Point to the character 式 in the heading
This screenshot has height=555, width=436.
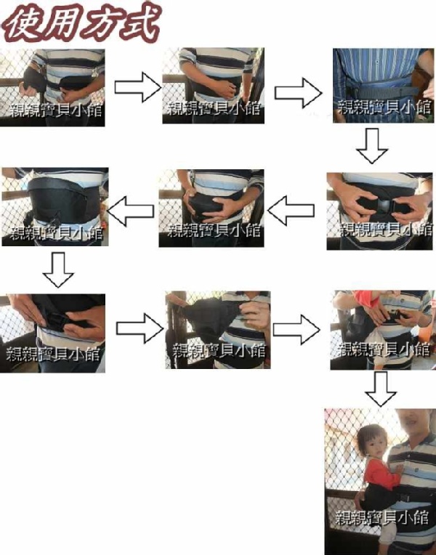[x=142, y=22]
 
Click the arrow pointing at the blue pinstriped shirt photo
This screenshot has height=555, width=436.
[x=298, y=93]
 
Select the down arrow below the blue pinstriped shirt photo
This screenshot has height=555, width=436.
[x=372, y=145]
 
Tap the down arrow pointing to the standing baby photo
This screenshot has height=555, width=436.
[x=381, y=389]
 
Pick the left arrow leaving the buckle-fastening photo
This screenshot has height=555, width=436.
[x=291, y=211]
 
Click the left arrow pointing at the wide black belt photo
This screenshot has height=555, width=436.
[x=131, y=211]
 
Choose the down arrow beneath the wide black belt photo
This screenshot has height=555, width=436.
[x=58, y=270]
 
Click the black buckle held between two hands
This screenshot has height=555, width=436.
[x=385, y=206]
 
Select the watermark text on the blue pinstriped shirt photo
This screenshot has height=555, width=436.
[x=384, y=108]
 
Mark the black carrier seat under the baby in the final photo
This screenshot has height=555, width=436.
[x=379, y=498]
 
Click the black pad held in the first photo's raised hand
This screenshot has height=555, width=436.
[x=33, y=80]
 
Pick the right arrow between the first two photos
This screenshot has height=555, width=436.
[x=138, y=87]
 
